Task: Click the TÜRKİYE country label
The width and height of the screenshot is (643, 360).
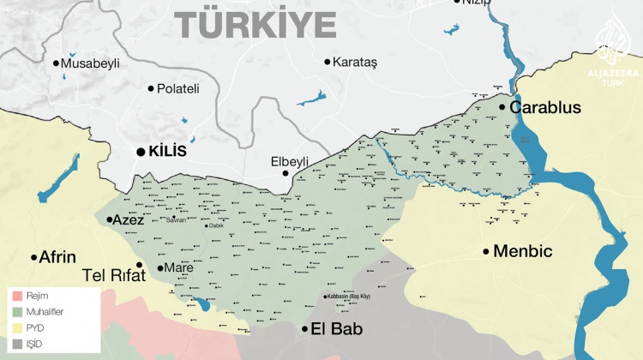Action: (256, 24)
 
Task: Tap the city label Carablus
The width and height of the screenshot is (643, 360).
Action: (545, 108)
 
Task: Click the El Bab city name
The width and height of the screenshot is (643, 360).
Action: (337, 329)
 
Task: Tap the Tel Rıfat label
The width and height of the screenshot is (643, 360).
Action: (107, 276)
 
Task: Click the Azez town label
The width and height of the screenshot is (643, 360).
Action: (129, 220)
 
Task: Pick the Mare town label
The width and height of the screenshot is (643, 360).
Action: (179, 268)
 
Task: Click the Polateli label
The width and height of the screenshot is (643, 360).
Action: (178, 88)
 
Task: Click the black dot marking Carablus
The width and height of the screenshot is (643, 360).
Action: (502, 107)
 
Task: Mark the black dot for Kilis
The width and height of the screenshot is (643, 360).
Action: (141, 151)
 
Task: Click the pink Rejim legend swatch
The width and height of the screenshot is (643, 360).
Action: (16, 297)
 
